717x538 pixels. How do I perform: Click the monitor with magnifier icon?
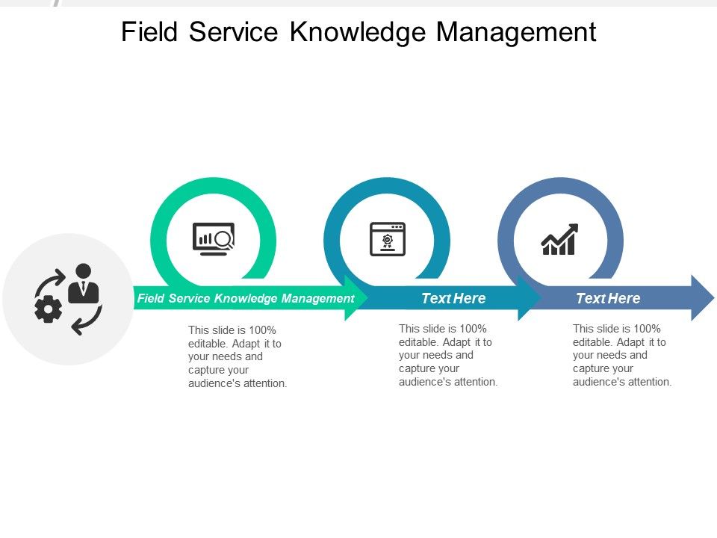pos(214,238)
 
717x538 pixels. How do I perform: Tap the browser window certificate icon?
pos(388,238)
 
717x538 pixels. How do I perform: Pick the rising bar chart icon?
pos(559,239)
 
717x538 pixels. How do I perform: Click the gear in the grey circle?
pos(49,309)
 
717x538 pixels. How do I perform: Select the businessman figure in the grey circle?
pos(83,284)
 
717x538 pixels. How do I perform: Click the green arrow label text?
pos(246,299)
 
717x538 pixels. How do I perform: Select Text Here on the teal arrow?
pos(453,299)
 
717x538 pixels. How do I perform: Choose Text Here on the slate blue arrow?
pos(608,299)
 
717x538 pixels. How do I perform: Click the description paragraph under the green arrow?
pos(237,356)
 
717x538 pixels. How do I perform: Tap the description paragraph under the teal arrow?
pos(448,355)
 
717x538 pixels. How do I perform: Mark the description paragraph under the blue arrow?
pos(622,355)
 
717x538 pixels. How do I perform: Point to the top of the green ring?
pos(214,185)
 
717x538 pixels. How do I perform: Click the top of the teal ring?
pos(387,185)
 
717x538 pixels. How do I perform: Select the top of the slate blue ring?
pos(560,185)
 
